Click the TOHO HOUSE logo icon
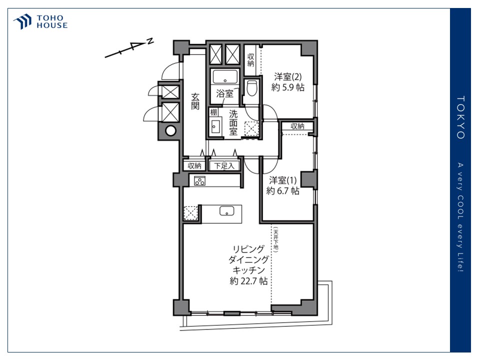tap(23, 22)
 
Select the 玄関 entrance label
tap(195, 101)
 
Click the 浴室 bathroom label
tap(224, 93)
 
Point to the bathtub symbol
tap(225, 77)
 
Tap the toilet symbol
tap(251, 88)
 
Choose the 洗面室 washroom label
tap(233, 122)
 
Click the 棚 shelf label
tap(213, 112)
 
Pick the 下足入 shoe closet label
tap(225, 165)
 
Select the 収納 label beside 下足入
tap(194, 165)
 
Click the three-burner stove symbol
tap(200, 181)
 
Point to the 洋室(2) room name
tap(287, 76)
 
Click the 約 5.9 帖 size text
tap(288, 87)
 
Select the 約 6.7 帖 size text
tap(283, 190)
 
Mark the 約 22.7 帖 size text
tap(248, 281)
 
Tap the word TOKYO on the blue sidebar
tap(460, 117)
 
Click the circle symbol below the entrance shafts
tap(170, 131)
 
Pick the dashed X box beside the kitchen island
tap(190, 213)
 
